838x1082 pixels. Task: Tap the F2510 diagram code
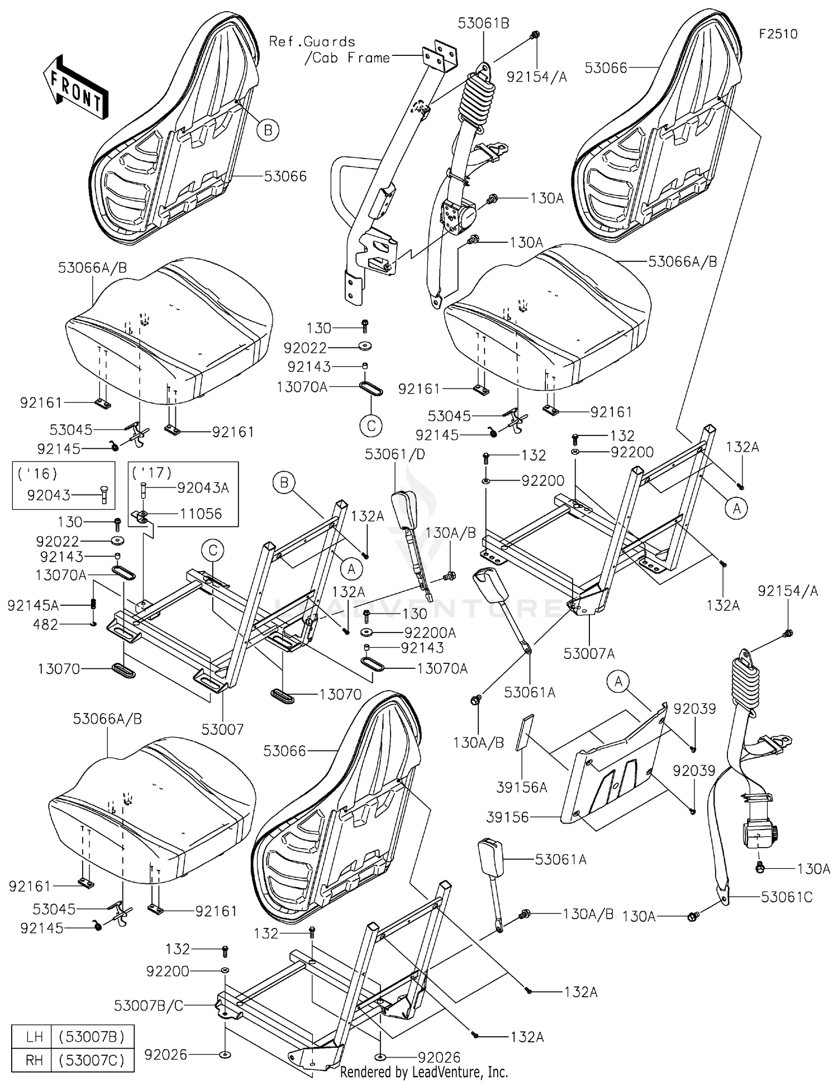[778, 34]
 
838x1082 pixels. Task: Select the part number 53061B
[483, 23]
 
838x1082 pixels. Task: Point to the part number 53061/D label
[394, 454]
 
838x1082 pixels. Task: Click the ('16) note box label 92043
[49, 495]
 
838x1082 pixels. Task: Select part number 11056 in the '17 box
[201, 514]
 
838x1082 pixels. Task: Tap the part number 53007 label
[222, 729]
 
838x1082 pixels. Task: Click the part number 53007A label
[589, 653]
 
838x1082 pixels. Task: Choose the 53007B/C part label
[149, 1006]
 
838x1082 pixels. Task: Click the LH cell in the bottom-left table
[34, 1037]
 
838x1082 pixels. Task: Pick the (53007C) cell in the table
[92, 1060]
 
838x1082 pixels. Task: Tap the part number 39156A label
[522, 787]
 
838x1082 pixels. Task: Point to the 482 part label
[46, 624]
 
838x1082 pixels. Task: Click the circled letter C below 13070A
[371, 426]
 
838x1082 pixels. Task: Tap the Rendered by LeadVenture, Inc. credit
[424, 1072]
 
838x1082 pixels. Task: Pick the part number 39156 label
[507, 817]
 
